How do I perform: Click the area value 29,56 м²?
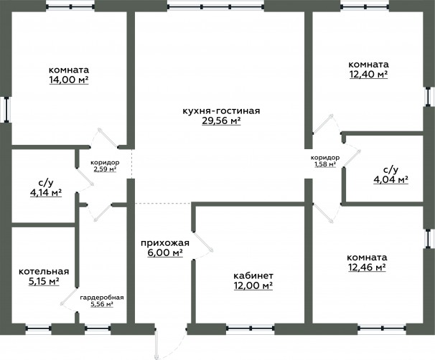pos(221,120)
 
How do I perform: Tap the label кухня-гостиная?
pos(221,111)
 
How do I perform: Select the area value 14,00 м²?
pos(69,80)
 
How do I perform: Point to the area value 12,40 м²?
pos(368,75)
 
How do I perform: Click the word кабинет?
pos(253,276)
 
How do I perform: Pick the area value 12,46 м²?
pos(367,267)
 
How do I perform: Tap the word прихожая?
pos(165,243)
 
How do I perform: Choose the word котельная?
pos(44,272)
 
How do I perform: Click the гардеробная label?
pos(102,298)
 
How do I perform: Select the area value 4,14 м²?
pos(46,193)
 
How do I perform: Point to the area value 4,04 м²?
pos(390,179)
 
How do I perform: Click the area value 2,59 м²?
pos(105,169)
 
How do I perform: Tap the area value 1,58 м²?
pos(325,164)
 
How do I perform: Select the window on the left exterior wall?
pos(6,110)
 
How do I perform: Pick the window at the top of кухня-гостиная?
pos(216,6)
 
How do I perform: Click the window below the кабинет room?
pos(251,328)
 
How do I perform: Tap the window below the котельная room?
pos(39,328)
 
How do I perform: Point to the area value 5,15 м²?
pos(44,282)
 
